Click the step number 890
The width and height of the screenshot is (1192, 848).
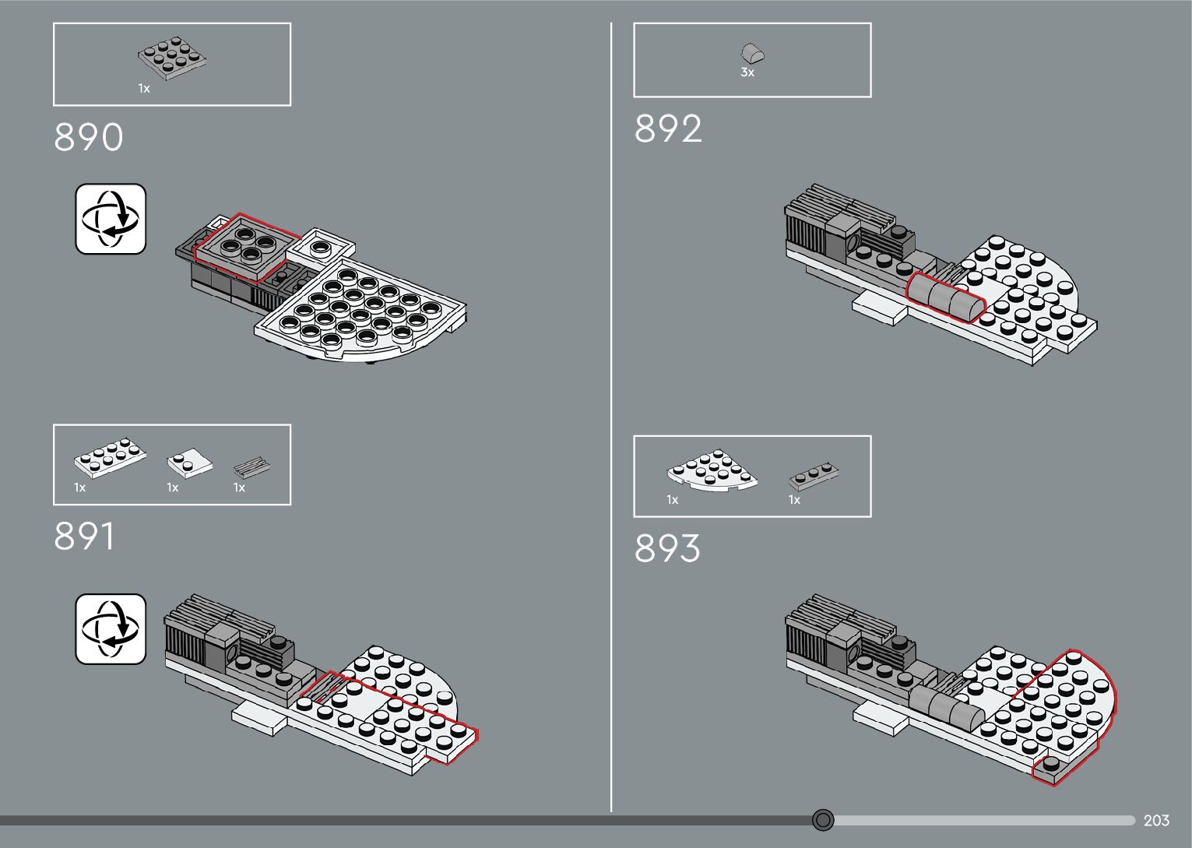[x=88, y=138]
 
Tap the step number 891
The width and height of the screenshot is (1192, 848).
[x=84, y=537]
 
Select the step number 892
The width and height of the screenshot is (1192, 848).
[x=668, y=129]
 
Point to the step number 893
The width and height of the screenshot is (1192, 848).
[x=667, y=548]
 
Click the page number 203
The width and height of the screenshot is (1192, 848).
[x=1156, y=821]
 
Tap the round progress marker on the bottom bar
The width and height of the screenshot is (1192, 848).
[x=823, y=820]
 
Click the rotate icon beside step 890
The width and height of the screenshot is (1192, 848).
[x=111, y=219]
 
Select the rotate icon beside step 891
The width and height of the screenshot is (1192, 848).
[x=111, y=629]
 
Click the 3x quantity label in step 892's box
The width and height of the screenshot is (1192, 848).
[x=747, y=72]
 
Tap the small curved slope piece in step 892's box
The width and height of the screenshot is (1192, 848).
[x=752, y=53]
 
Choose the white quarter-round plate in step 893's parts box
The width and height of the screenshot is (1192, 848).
[x=711, y=471]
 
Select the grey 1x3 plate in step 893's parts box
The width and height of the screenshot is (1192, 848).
[x=814, y=475]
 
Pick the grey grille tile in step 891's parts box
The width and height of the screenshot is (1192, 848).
[x=252, y=468]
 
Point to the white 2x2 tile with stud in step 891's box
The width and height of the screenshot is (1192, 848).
[x=189, y=463]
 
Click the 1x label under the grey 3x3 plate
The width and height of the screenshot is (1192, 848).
[x=144, y=89]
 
